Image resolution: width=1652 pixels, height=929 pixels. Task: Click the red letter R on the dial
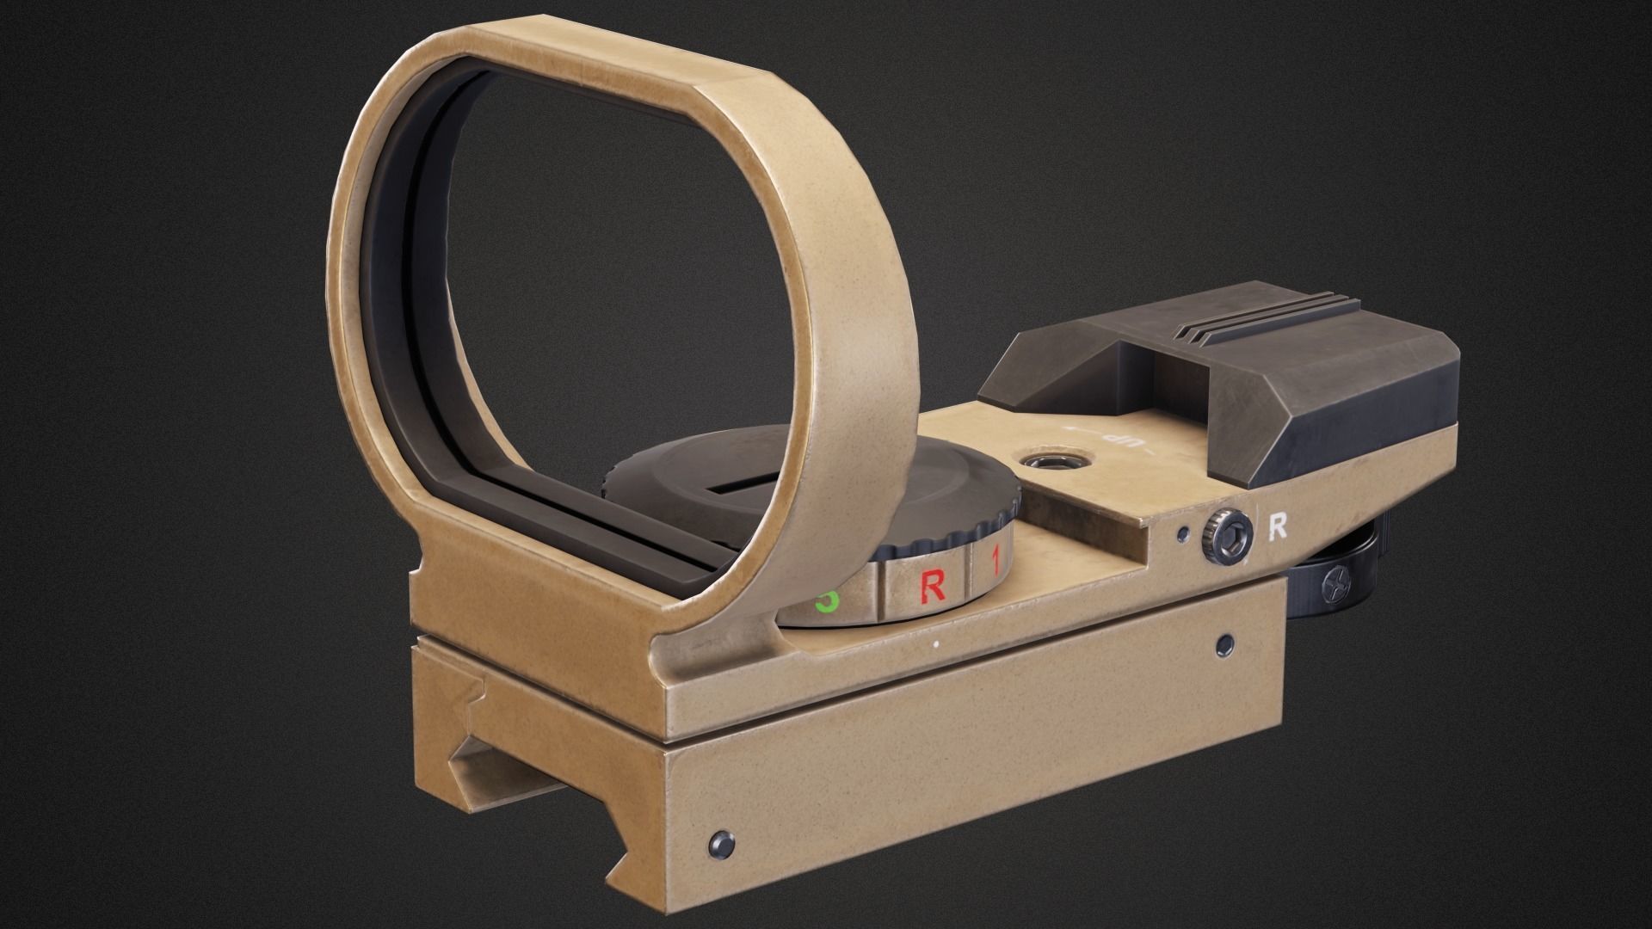933,587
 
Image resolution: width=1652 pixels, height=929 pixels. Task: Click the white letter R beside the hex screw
1278,527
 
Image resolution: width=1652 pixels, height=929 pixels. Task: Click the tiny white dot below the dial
935,642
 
